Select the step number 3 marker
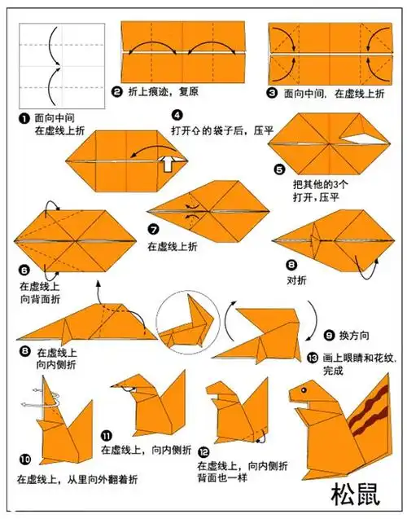coord(272,93)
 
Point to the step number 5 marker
coord(280,169)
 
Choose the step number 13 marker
coord(313,357)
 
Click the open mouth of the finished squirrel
coord(304,403)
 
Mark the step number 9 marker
coord(329,334)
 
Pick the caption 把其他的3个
coord(322,184)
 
